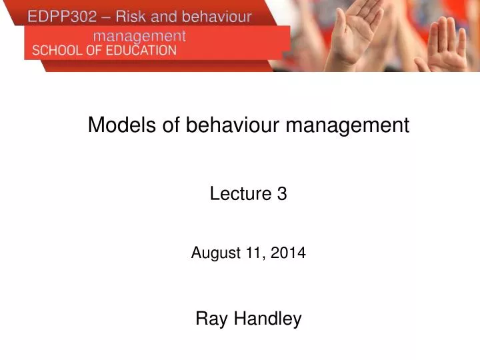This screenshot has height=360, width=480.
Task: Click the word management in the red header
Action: (139, 35)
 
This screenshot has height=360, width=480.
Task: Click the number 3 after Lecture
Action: (282, 194)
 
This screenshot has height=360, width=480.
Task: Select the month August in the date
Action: (212, 253)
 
